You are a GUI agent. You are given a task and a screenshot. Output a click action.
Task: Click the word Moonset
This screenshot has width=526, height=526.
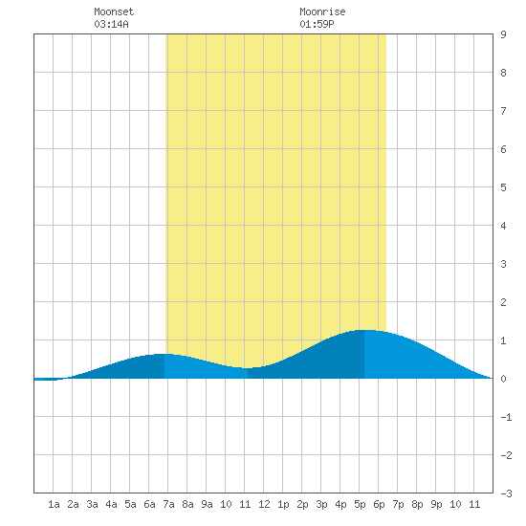[114, 11]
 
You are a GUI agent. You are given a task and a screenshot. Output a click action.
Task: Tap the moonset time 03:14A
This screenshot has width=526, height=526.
[111, 24]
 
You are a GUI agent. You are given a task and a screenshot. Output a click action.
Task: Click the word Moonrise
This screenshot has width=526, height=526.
[322, 11]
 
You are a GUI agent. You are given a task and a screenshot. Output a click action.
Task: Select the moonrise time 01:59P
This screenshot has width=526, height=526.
[317, 24]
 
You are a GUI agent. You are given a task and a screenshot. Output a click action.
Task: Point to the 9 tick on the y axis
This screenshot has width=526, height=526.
[503, 34]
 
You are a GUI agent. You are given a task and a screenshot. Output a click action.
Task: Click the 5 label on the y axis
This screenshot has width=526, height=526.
[503, 187]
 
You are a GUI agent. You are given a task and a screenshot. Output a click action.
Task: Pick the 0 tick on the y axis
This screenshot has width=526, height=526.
[503, 379]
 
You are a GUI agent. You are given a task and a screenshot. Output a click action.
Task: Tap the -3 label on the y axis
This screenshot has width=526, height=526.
[506, 493]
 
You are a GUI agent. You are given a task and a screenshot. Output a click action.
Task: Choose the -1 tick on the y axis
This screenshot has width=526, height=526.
[506, 417]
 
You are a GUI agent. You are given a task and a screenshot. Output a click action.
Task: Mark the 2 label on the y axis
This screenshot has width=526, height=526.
[503, 302]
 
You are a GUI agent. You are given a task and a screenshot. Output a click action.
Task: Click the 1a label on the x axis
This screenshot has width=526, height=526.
[54, 504]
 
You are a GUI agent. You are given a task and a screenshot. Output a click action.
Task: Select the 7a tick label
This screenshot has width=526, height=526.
[168, 504]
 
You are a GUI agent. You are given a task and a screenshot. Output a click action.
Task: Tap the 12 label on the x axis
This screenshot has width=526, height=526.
[264, 504]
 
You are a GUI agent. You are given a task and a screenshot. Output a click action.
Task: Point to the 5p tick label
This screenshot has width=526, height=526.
[360, 504]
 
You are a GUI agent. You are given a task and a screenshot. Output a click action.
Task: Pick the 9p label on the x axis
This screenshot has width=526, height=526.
[436, 504]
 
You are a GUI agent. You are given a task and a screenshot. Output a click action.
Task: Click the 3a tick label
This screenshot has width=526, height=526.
[92, 504]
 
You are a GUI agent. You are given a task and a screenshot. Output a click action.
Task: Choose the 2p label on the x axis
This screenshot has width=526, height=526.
[302, 504]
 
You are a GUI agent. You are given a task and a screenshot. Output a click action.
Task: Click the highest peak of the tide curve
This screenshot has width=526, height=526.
[363, 330]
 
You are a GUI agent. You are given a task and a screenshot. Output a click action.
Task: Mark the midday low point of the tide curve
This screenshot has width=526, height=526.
[248, 368]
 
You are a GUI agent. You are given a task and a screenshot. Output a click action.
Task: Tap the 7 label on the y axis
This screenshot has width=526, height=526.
[503, 111]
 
